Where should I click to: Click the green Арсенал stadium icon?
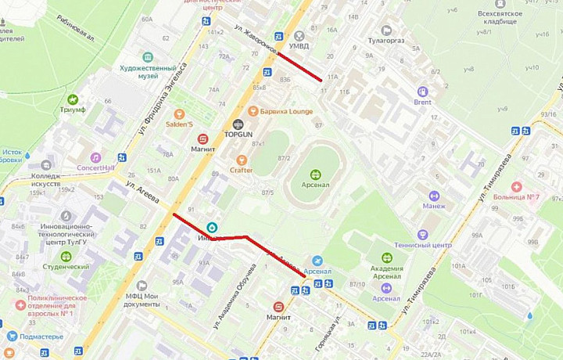point(315,175)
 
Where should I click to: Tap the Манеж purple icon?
point(434,196)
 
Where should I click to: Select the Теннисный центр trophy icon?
point(423,234)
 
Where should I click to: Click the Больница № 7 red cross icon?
point(516,187)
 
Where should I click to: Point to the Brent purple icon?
point(423,91)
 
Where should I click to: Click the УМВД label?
point(299,46)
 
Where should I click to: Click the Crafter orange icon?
point(242,160)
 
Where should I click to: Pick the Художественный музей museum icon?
point(148,57)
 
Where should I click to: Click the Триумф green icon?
point(73,99)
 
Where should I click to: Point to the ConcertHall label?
point(95,167)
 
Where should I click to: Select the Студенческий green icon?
point(66,256)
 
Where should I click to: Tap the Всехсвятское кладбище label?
point(497,17)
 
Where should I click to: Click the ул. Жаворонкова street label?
point(256,40)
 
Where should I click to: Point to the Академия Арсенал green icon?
point(386,258)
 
